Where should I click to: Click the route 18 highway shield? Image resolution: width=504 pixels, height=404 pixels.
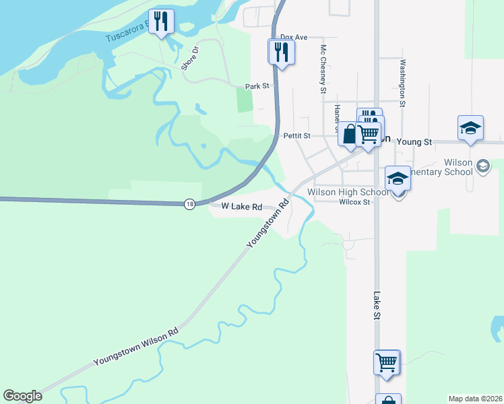coord(190,204)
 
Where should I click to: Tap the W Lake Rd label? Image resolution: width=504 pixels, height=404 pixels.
coord(237,207)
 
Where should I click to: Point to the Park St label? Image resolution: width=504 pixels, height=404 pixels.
coord(257,86)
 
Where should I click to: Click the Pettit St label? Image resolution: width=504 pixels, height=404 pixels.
coord(296,135)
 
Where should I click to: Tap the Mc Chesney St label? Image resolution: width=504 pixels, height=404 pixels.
coord(323,69)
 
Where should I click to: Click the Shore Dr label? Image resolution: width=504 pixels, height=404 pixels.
coord(191,59)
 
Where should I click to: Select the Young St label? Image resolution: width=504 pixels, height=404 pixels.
coord(414,142)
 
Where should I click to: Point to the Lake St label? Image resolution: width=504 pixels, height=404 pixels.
coord(377,306)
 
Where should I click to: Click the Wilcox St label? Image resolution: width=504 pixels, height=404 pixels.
coord(354,202)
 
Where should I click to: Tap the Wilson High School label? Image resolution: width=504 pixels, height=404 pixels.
coord(348,192)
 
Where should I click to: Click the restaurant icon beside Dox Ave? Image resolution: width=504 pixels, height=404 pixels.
coord(281,51)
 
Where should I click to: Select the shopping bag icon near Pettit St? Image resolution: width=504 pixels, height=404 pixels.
coord(348,133)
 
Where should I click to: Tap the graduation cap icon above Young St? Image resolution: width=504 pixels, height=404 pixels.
coord(470,128)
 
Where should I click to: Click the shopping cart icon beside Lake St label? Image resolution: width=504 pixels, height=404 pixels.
coord(387,362)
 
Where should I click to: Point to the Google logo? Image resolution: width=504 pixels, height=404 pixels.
coord(22,396)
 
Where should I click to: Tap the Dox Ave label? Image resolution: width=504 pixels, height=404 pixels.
coord(294,38)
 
